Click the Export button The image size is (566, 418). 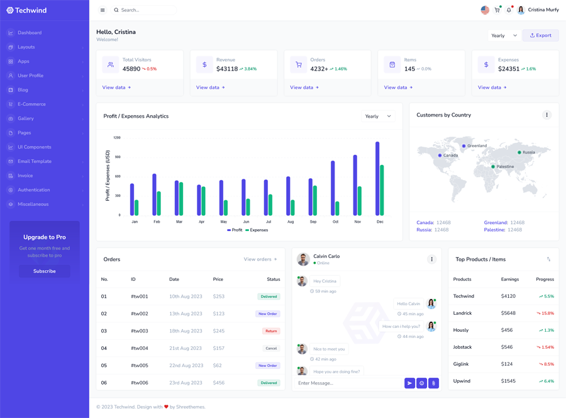pyautogui.click(x=540, y=35)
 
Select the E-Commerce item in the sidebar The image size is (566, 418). pyautogui.click(x=31, y=104)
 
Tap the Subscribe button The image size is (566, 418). pyautogui.click(x=44, y=271)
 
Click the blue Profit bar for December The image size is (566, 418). pyautogui.click(x=377, y=179)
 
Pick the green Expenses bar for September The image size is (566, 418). pyautogui.click(x=315, y=200)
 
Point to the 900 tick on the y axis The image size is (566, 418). pyautogui.click(x=118, y=157)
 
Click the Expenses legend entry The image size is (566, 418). pyautogui.click(x=257, y=230)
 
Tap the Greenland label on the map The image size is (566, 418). pyautogui.click(x=477, y=145)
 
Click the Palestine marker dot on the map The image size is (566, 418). pyautogui.click(x=493, y=167)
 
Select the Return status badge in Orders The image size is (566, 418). pyautogui.click(x=271, y=331)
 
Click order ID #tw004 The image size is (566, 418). pyautogui.click(x=140, y=348)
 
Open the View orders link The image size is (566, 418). pyautogui.click(x=260, y=259)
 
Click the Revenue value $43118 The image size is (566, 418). pyautogui.click(x=227, y=69)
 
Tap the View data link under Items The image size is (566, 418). pyautogui.click(x=398, y=88)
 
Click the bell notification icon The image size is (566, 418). pyautogui.click(x=509, y=10)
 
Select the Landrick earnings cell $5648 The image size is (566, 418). pyautogui.click(x=508, y=313)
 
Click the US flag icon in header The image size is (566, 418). pyautogui.click(x=485, y=10)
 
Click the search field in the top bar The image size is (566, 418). pyautogui.click(x=145, y=10)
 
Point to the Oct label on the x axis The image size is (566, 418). pyautogui.click(x=335, y=222)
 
